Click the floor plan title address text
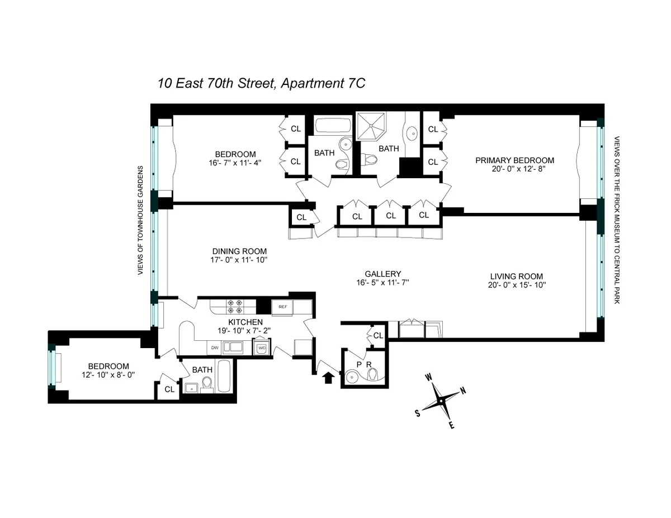261,84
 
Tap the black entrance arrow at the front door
328,378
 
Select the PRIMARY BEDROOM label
514,160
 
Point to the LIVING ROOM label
516,276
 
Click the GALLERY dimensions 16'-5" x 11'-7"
382,283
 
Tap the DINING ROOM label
239,251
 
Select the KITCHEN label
245,322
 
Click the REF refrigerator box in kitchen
282,307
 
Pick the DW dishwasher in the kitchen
215,348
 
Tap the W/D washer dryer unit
262,348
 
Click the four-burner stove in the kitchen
234,307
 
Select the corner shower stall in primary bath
370,126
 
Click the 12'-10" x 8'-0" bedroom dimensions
106,376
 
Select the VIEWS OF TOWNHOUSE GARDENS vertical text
141,221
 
